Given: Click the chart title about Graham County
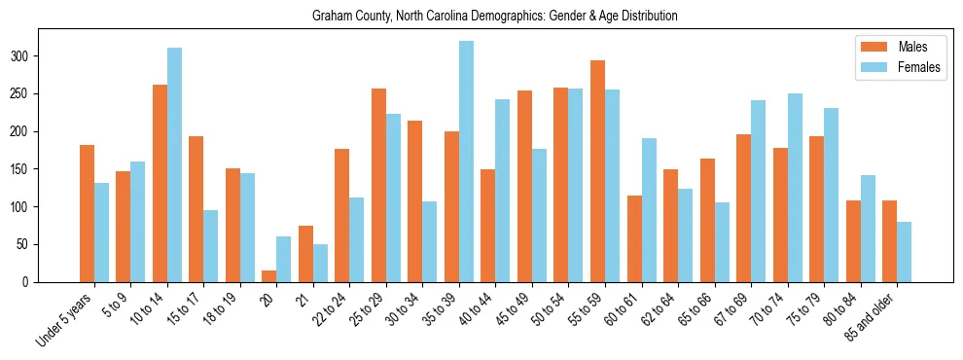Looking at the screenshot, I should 494,17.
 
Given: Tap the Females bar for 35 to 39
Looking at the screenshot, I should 466,162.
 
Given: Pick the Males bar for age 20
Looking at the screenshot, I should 269,276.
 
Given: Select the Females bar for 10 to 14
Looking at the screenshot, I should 174,165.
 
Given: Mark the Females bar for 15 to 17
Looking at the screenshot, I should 211,246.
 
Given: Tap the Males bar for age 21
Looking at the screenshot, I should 305,254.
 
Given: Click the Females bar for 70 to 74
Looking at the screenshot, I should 795,188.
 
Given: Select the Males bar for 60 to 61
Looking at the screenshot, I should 634,239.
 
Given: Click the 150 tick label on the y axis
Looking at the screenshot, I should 24,169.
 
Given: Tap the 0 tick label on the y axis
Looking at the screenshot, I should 30,282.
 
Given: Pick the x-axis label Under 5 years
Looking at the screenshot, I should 65,318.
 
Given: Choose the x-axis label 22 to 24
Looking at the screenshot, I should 332,309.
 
